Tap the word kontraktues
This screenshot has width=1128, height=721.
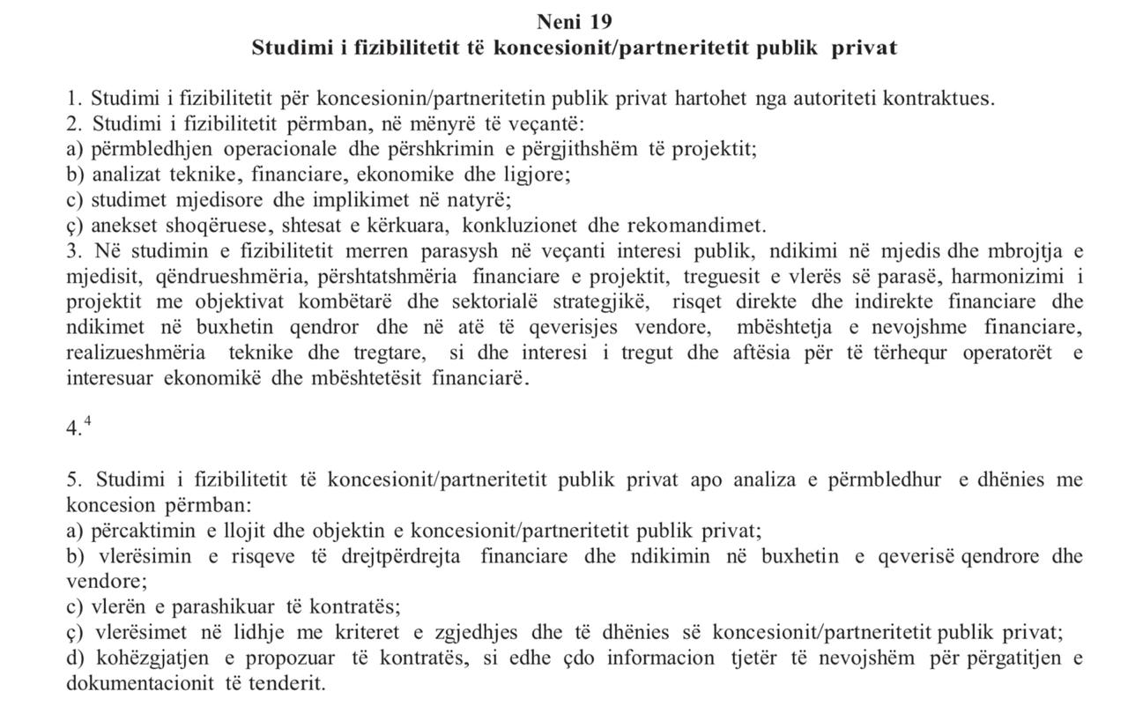pyautogui.click(x=940, y=98)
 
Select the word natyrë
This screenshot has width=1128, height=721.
pyautogui.click(x=482, y=199)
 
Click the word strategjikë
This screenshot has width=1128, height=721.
pyautogui.click(x=599, y=301)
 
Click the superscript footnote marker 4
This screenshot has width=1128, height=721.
pyautogui.click(x=87, y=420)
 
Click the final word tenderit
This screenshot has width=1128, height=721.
pyautogui.click(x=293, y=684)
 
